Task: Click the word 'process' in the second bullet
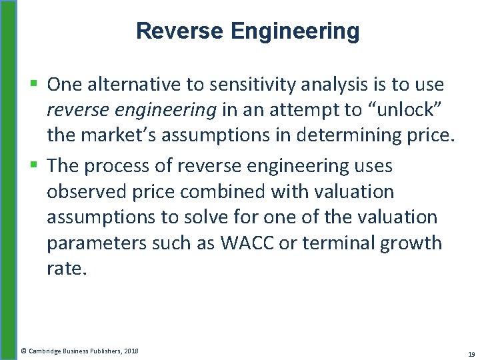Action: [127, 165]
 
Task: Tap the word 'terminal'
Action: [338, 243]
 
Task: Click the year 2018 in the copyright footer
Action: [130, 350]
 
